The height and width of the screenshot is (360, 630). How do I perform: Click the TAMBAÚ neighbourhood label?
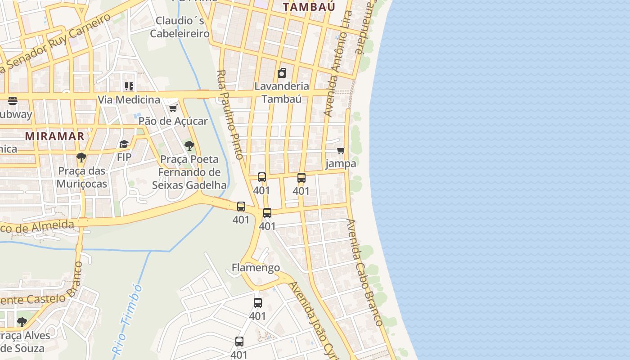[309, 6]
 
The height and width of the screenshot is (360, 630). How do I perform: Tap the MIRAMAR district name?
[54, 136]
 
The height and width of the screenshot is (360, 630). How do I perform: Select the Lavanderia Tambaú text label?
[282, 92]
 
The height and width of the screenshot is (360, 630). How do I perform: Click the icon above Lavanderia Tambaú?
[282, 73]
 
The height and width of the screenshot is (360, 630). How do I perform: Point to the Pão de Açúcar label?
[173, 121]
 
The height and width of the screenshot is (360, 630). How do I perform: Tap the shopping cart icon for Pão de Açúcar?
[173, 108]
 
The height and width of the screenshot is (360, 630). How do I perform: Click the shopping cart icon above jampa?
[341, 151]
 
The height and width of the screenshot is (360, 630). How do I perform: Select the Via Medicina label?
[129, 99]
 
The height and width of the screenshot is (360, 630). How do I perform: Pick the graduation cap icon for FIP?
[124, 144]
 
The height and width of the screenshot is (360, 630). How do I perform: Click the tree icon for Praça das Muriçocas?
[81, 157]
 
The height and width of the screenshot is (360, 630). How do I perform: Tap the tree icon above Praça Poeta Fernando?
[189, 146]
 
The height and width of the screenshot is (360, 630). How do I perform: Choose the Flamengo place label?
[256, 268]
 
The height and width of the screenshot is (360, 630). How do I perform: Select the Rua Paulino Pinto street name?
[230, 115]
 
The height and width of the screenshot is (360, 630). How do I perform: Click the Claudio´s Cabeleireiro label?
[180, 27]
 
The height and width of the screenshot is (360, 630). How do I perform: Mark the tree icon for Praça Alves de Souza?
[22, 322]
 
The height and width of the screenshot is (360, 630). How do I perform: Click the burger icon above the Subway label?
[12, 101]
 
